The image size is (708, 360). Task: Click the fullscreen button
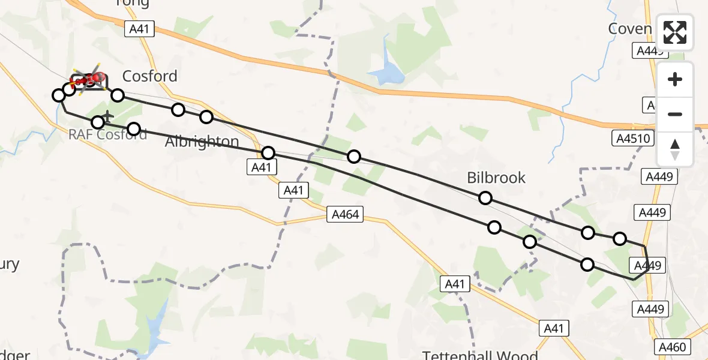click(x=675, y=32)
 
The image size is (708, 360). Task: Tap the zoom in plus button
click(x=675, y=79)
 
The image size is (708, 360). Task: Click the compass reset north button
click(x=675, y=149)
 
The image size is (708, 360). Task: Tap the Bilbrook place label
click(x=496, y=178)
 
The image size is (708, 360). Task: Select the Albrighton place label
click(x=202, y=142)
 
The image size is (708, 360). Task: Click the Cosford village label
click(x=149, y=76)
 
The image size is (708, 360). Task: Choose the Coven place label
click(x=629, y=29)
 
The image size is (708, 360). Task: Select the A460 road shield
click(x=674, y=347)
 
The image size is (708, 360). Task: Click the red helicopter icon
click(x=90, y=79)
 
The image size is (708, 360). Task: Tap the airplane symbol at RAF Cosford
click(x=107, y=115)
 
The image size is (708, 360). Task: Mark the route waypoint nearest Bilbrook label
click(x=485, y=198)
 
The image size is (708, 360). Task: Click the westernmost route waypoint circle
click(x=59, y=95)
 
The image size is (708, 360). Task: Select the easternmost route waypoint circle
click(x=619, y=239)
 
